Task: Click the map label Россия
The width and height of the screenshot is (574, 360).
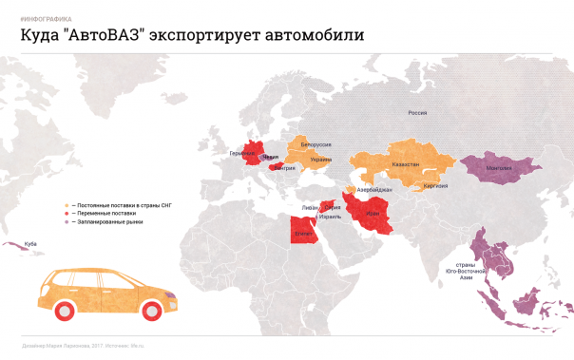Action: coord(417,113)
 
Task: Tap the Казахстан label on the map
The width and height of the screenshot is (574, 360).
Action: coord(403,164)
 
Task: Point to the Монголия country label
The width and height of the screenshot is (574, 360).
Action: coord(499,168)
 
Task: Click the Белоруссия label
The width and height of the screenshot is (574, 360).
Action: coord(316,143)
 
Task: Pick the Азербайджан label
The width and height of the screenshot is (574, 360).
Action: coord(374,189)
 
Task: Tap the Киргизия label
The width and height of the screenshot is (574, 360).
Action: coord(437,185)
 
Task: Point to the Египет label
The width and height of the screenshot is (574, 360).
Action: coord(304,232)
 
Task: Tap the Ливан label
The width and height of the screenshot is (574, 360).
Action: coord(309,206)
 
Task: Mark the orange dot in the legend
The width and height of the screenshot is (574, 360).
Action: coord(66,204)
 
